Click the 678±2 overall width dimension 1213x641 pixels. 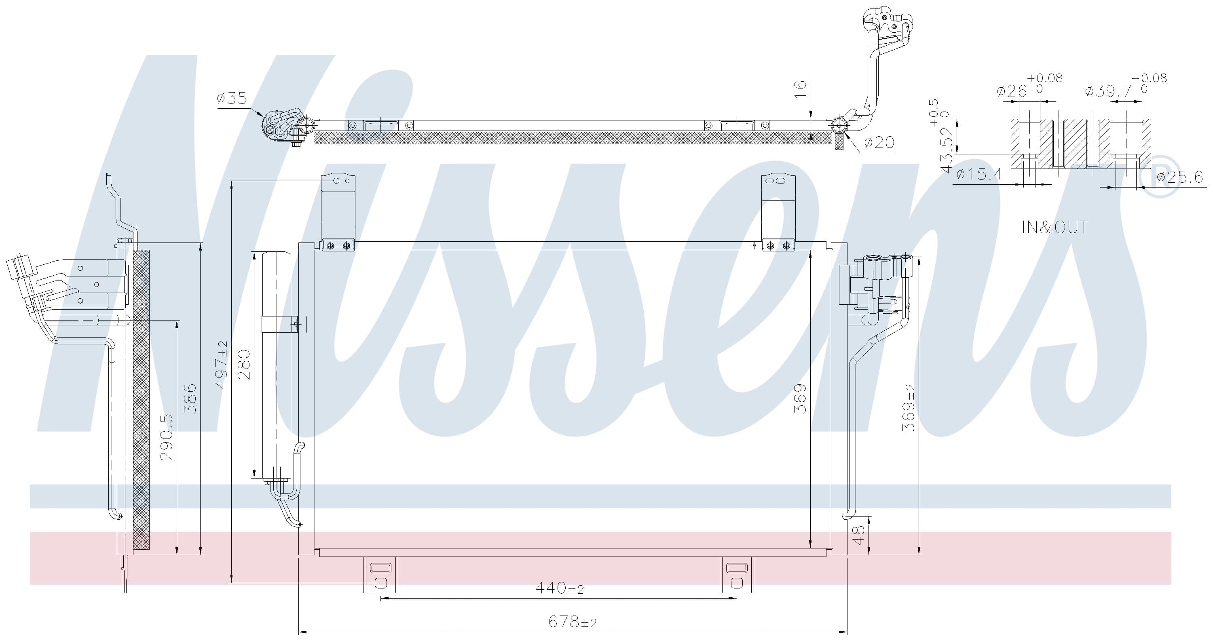tap(572, 622)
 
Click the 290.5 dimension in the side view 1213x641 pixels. tap(167, 437)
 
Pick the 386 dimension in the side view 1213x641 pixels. tap(189, 398)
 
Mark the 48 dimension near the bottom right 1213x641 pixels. tap(859, 535)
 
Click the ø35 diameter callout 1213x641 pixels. tap(232, 98)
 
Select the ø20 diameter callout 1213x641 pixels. tap(879, 142)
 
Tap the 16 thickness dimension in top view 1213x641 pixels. tap(800, 89)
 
